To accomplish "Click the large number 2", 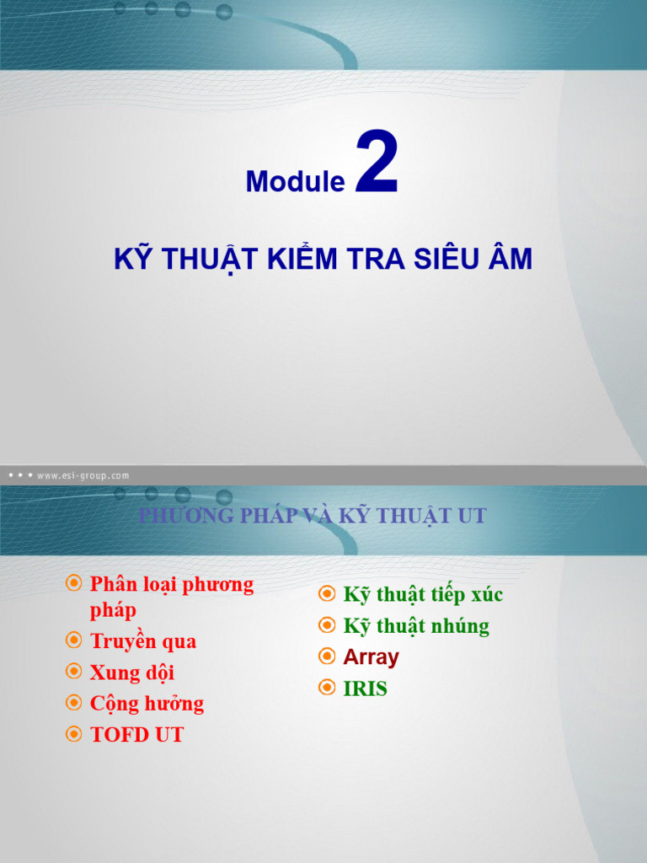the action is click(377, 162).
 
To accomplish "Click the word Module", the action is click(296, 181).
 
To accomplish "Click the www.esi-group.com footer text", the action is click(83, 475).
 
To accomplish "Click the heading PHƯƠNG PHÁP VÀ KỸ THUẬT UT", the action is click(313, 516).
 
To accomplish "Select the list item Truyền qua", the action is click(143, 641).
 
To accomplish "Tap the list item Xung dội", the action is click(132, 673).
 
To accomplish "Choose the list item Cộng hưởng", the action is click(147, 704).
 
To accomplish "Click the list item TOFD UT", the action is click(137, 735).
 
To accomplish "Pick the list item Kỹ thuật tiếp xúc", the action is click(423, 594).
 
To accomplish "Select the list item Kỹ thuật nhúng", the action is click(416, 626).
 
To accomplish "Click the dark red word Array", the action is click(372, 657).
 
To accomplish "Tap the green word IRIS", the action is click(366, 689).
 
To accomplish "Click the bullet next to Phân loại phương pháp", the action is click(74, 583).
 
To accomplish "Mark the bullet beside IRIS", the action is click(327, 688).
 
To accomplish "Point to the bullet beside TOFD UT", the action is click(74, 734).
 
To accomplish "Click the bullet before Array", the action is click(327, 656).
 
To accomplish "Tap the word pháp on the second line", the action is click(114, 611).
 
